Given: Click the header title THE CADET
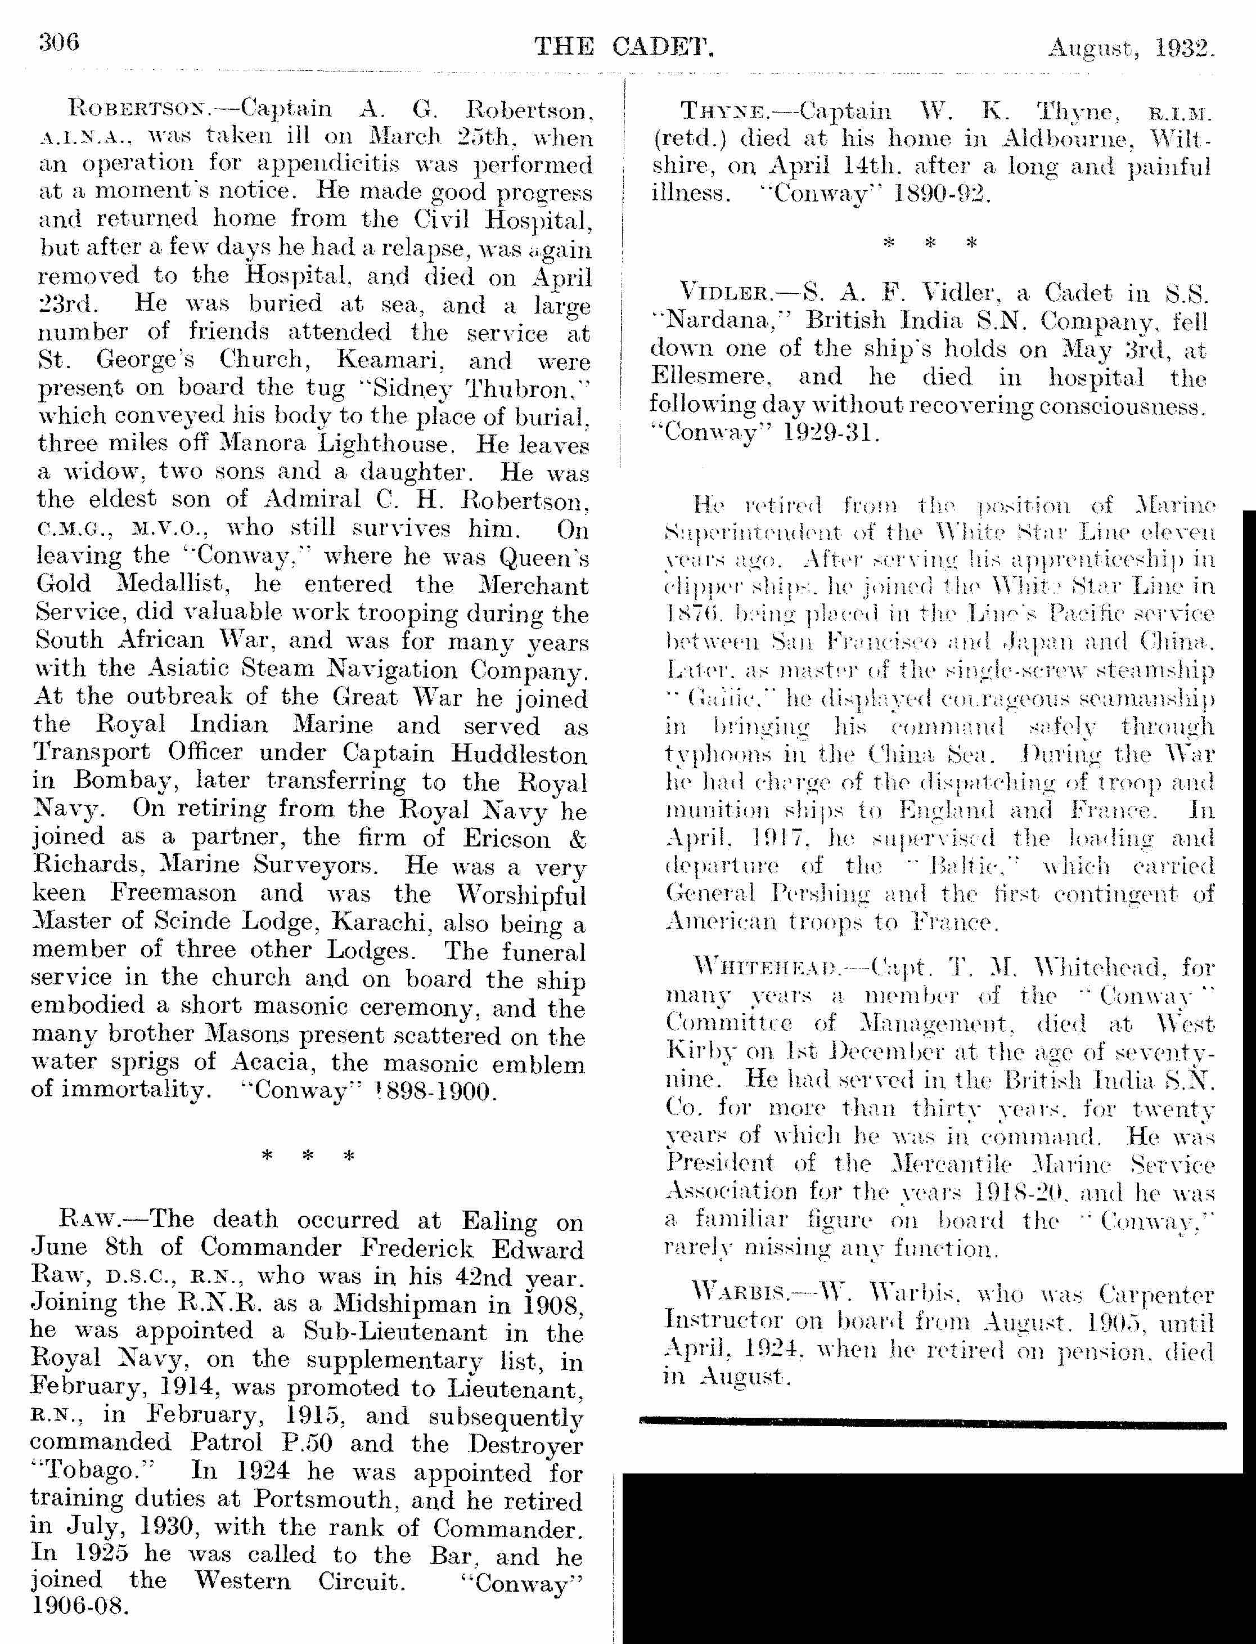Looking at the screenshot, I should tap(624, 47).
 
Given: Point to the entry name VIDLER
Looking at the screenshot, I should tap(724, 293).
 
